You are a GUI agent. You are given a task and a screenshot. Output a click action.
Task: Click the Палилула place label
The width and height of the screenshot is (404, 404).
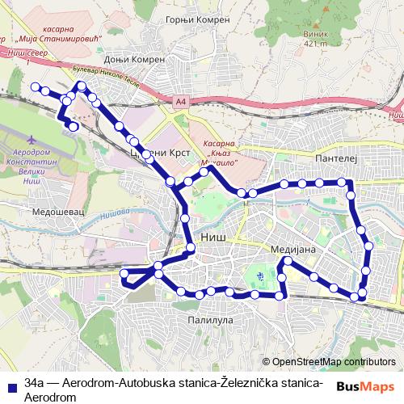[x=210, y=320]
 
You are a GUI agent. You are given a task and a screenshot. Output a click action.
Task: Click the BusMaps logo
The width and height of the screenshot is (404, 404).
[x=366, y=386]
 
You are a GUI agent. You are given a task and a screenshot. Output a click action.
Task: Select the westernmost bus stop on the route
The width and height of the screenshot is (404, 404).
[x=35, y=86]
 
